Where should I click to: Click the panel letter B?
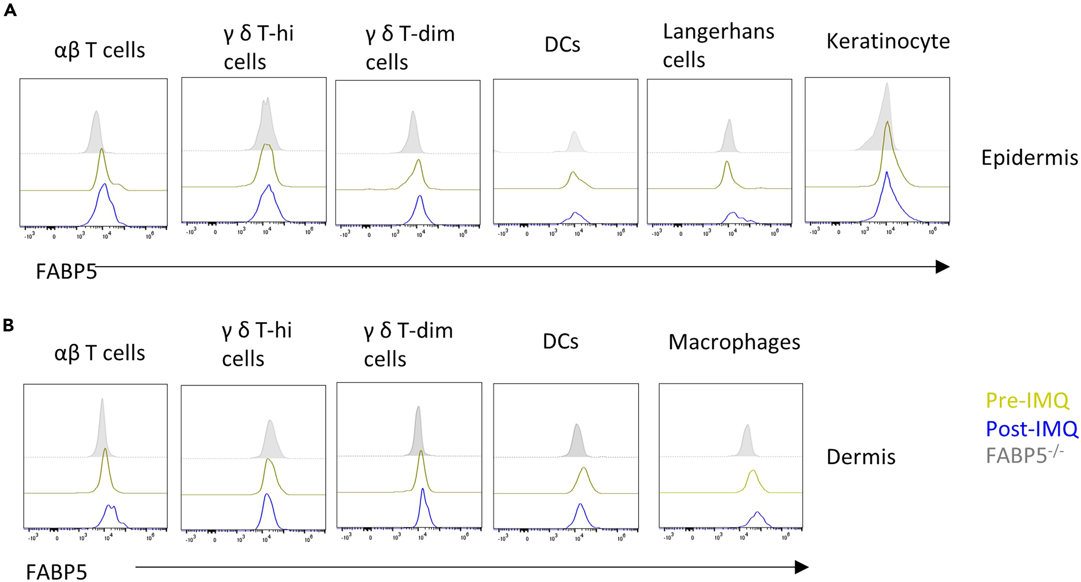[9, 325]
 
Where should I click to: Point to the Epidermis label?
[1029, 158]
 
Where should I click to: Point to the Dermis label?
[861, 457]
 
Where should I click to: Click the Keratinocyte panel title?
[888, 41]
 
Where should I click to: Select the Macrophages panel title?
[734, 342]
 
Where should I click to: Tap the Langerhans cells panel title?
[718, 45]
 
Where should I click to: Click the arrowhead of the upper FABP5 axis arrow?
[943, 267]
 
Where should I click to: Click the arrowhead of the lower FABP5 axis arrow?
[802, 567]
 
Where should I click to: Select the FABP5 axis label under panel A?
[66, 271]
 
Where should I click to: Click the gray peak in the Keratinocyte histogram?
[887, 84]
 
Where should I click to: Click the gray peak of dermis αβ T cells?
[102, 399]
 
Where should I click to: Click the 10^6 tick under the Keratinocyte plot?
[933, 232]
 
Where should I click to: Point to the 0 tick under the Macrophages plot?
[692, 537]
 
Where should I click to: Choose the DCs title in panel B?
[560, 341]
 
